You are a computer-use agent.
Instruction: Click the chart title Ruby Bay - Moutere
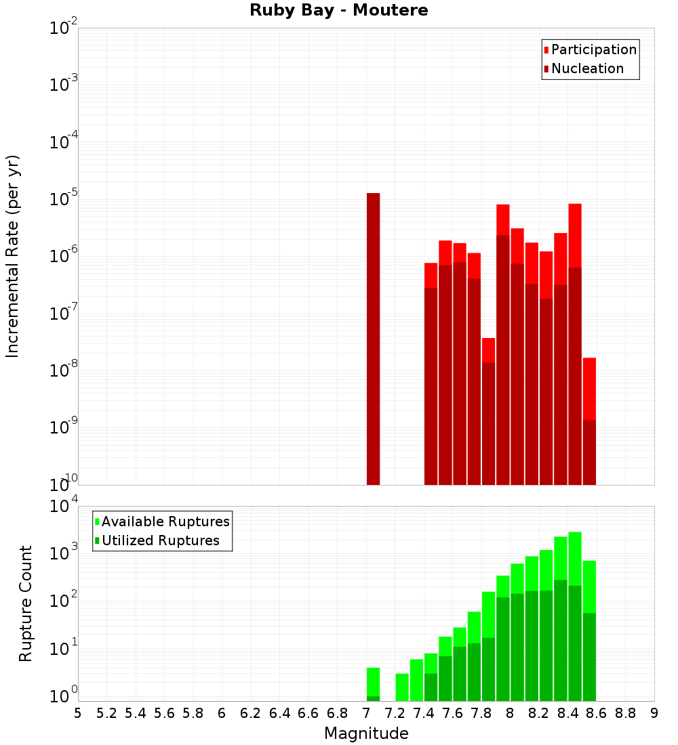[339, 11]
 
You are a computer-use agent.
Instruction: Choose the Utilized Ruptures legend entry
[160, 541]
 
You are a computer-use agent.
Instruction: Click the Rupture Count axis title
[26, 603]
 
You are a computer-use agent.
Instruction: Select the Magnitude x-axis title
[366, 733]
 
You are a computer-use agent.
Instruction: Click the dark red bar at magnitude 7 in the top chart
[373, 339]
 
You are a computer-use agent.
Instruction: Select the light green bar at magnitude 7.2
[402, 687]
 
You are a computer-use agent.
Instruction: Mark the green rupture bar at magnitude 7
[373, 684]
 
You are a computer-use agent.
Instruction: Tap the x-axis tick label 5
[78, 713]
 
